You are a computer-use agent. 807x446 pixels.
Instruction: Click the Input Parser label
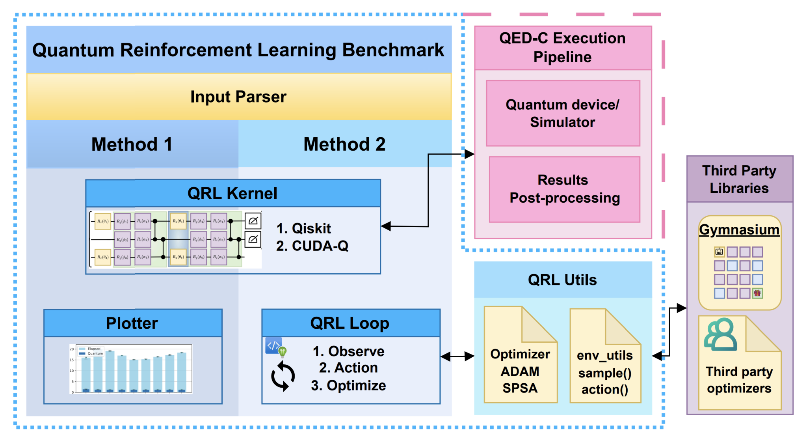pos(238,97)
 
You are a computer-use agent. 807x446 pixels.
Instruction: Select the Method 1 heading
pos(132,144)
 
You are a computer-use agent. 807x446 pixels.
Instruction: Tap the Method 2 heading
pos(344,144)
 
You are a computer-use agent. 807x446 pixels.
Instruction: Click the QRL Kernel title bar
pos(232,193)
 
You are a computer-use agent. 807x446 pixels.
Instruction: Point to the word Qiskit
pos(311,228)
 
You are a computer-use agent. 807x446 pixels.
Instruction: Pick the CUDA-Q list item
pos(320,246)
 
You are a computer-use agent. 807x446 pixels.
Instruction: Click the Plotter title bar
pos(132,323)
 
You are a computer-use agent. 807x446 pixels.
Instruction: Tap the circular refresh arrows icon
pos(283,377)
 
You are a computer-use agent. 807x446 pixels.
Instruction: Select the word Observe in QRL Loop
pos(356,351)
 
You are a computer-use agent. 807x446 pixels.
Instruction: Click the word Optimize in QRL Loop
pos(356,385)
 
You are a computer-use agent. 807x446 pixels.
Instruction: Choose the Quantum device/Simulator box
pos(562,114)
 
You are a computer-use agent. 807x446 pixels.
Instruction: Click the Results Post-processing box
pos(564,189)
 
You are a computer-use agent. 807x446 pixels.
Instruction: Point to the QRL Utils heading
pos(562,280)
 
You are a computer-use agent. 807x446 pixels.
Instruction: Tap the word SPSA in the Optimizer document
pos(520,388)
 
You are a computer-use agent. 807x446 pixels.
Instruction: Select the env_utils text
pos(604,355)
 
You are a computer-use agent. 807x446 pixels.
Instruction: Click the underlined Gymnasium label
pos(739,230)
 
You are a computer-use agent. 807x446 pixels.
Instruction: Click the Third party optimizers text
pos(739,380)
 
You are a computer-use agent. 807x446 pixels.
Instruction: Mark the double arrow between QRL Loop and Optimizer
pos(457,356)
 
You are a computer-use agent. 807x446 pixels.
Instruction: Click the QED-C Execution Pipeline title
pos(562,47)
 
